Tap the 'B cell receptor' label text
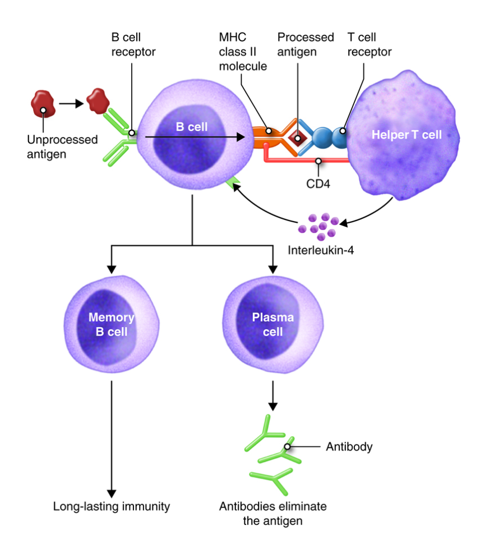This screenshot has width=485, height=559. pos(133,44)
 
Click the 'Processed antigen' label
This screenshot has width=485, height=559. pos(306,44)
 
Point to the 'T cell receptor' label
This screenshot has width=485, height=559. pos(369,44)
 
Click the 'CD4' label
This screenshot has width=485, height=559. pos(317,183)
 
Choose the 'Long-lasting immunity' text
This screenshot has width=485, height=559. pos(112,506)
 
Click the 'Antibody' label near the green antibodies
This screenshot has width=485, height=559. pos(349,447)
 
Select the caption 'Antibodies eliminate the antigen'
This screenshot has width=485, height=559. pos(272,514)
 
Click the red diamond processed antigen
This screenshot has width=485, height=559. pos(298,136)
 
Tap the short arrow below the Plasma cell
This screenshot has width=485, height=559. pos(273,396)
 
